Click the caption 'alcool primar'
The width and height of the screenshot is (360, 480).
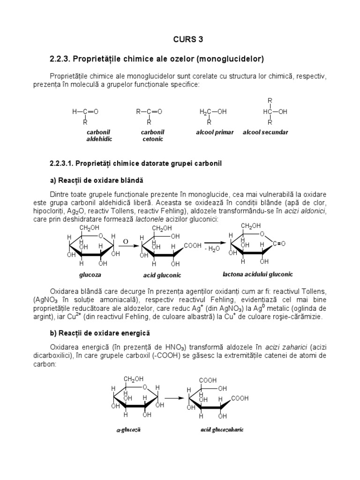point(214,133)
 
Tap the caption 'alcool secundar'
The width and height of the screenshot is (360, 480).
point(265,133)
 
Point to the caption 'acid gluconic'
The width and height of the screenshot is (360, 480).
point(162,275)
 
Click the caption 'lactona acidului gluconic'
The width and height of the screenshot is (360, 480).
point(261,274)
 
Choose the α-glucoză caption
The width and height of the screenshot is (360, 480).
point(128,429)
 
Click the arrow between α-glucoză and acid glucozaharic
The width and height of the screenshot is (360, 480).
point(174,398)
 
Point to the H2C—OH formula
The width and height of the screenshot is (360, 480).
point(213,112)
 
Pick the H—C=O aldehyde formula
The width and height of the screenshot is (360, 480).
point(85,112)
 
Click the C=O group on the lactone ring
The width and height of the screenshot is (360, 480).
point(277,244)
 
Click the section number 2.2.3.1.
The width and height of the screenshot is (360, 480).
point(62,164)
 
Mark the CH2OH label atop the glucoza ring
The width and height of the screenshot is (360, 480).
point(90,228)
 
